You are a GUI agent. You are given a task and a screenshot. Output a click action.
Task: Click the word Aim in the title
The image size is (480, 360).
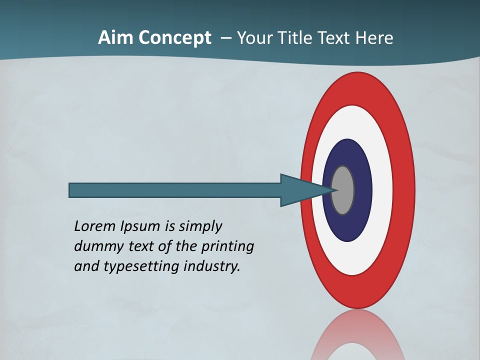coord(115,38)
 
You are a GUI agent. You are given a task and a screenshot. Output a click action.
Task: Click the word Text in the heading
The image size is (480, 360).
coord(334,38)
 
